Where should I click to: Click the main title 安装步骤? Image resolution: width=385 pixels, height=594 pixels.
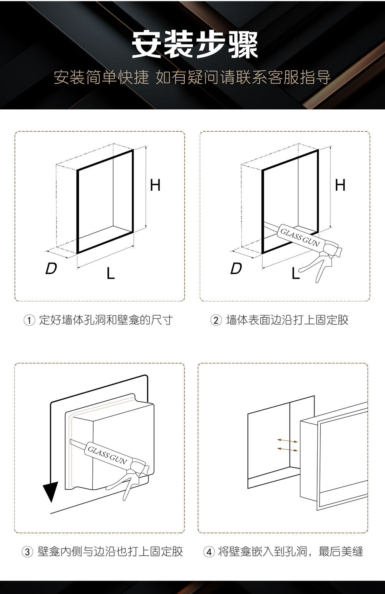point(194,45)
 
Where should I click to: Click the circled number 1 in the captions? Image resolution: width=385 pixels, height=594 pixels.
point(30,320)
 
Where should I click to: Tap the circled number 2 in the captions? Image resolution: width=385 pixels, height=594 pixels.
point(216,320)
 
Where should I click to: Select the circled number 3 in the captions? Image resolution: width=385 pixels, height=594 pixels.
point(27,552)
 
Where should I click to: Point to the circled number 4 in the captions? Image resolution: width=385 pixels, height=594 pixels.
point(209,552)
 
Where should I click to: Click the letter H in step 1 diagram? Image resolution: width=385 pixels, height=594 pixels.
point(155,186)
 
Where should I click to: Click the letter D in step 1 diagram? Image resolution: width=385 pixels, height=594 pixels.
point(51,269)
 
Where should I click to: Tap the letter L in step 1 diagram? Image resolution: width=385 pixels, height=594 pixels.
point(110,273)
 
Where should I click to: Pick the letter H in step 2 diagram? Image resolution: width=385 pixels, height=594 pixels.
point(340,186)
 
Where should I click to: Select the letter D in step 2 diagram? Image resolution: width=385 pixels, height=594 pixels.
point(236,269)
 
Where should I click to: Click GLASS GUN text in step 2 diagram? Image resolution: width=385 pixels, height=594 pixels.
point(299,237)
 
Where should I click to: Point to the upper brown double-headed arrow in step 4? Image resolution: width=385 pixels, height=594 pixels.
point(287,440)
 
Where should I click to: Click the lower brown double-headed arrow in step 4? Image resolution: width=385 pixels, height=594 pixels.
point(287,449)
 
